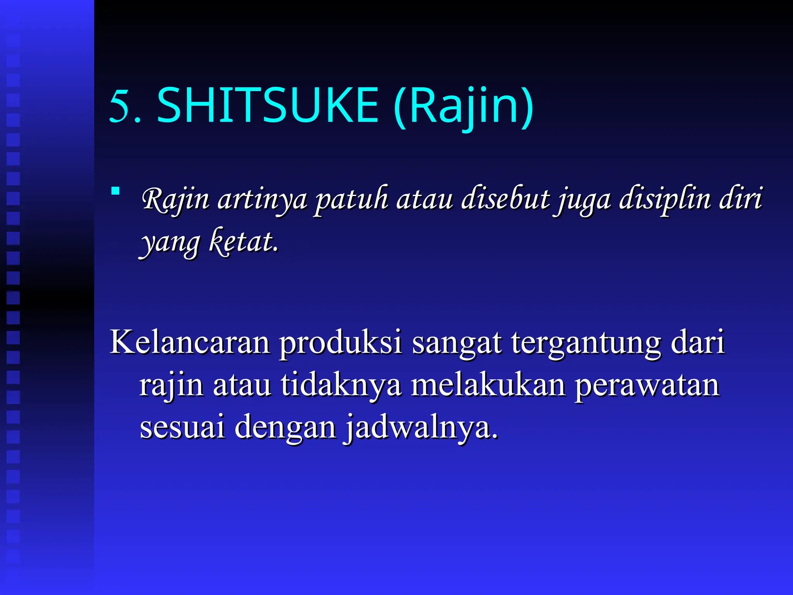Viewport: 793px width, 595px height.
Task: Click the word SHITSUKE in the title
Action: pos(267,105)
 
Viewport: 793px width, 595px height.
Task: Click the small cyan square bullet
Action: pos(115,191)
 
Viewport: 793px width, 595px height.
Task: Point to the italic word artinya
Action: pos(262,200)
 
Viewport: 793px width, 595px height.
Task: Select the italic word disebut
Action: pos(505,199)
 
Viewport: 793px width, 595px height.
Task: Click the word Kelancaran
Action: pos(190,342)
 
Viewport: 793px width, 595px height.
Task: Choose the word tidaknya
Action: pos(341,386)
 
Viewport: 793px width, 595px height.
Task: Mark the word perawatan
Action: pos(647,387)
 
